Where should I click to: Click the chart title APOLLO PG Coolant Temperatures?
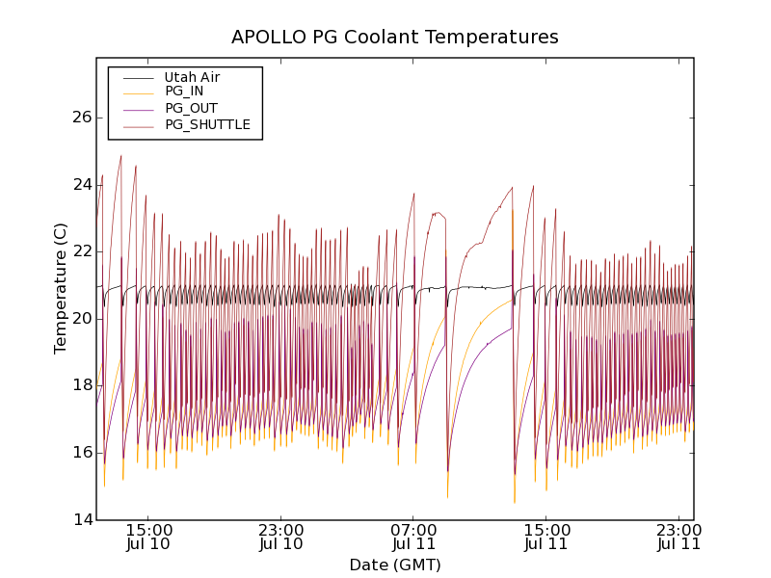tap(394, 38)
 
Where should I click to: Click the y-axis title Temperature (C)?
tap(61, 288)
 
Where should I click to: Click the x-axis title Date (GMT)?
tap(394, 565)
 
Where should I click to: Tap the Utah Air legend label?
tap(192, 77)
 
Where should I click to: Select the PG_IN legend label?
tap(184, 92)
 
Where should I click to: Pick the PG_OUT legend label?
tap(191, 108)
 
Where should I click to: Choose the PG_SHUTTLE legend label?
tap(207, 124)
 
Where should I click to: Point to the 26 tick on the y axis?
tap(81, 118)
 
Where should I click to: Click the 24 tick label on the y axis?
tap(81, 185)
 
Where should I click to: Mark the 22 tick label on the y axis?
tap(81, 251)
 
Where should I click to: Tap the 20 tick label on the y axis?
tap(81, 319)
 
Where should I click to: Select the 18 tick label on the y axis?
tap(81, 385)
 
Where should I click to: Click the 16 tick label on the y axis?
tap(81, 453)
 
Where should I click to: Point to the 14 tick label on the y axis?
tap(81, 520)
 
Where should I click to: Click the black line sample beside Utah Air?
tap(138, 77)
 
